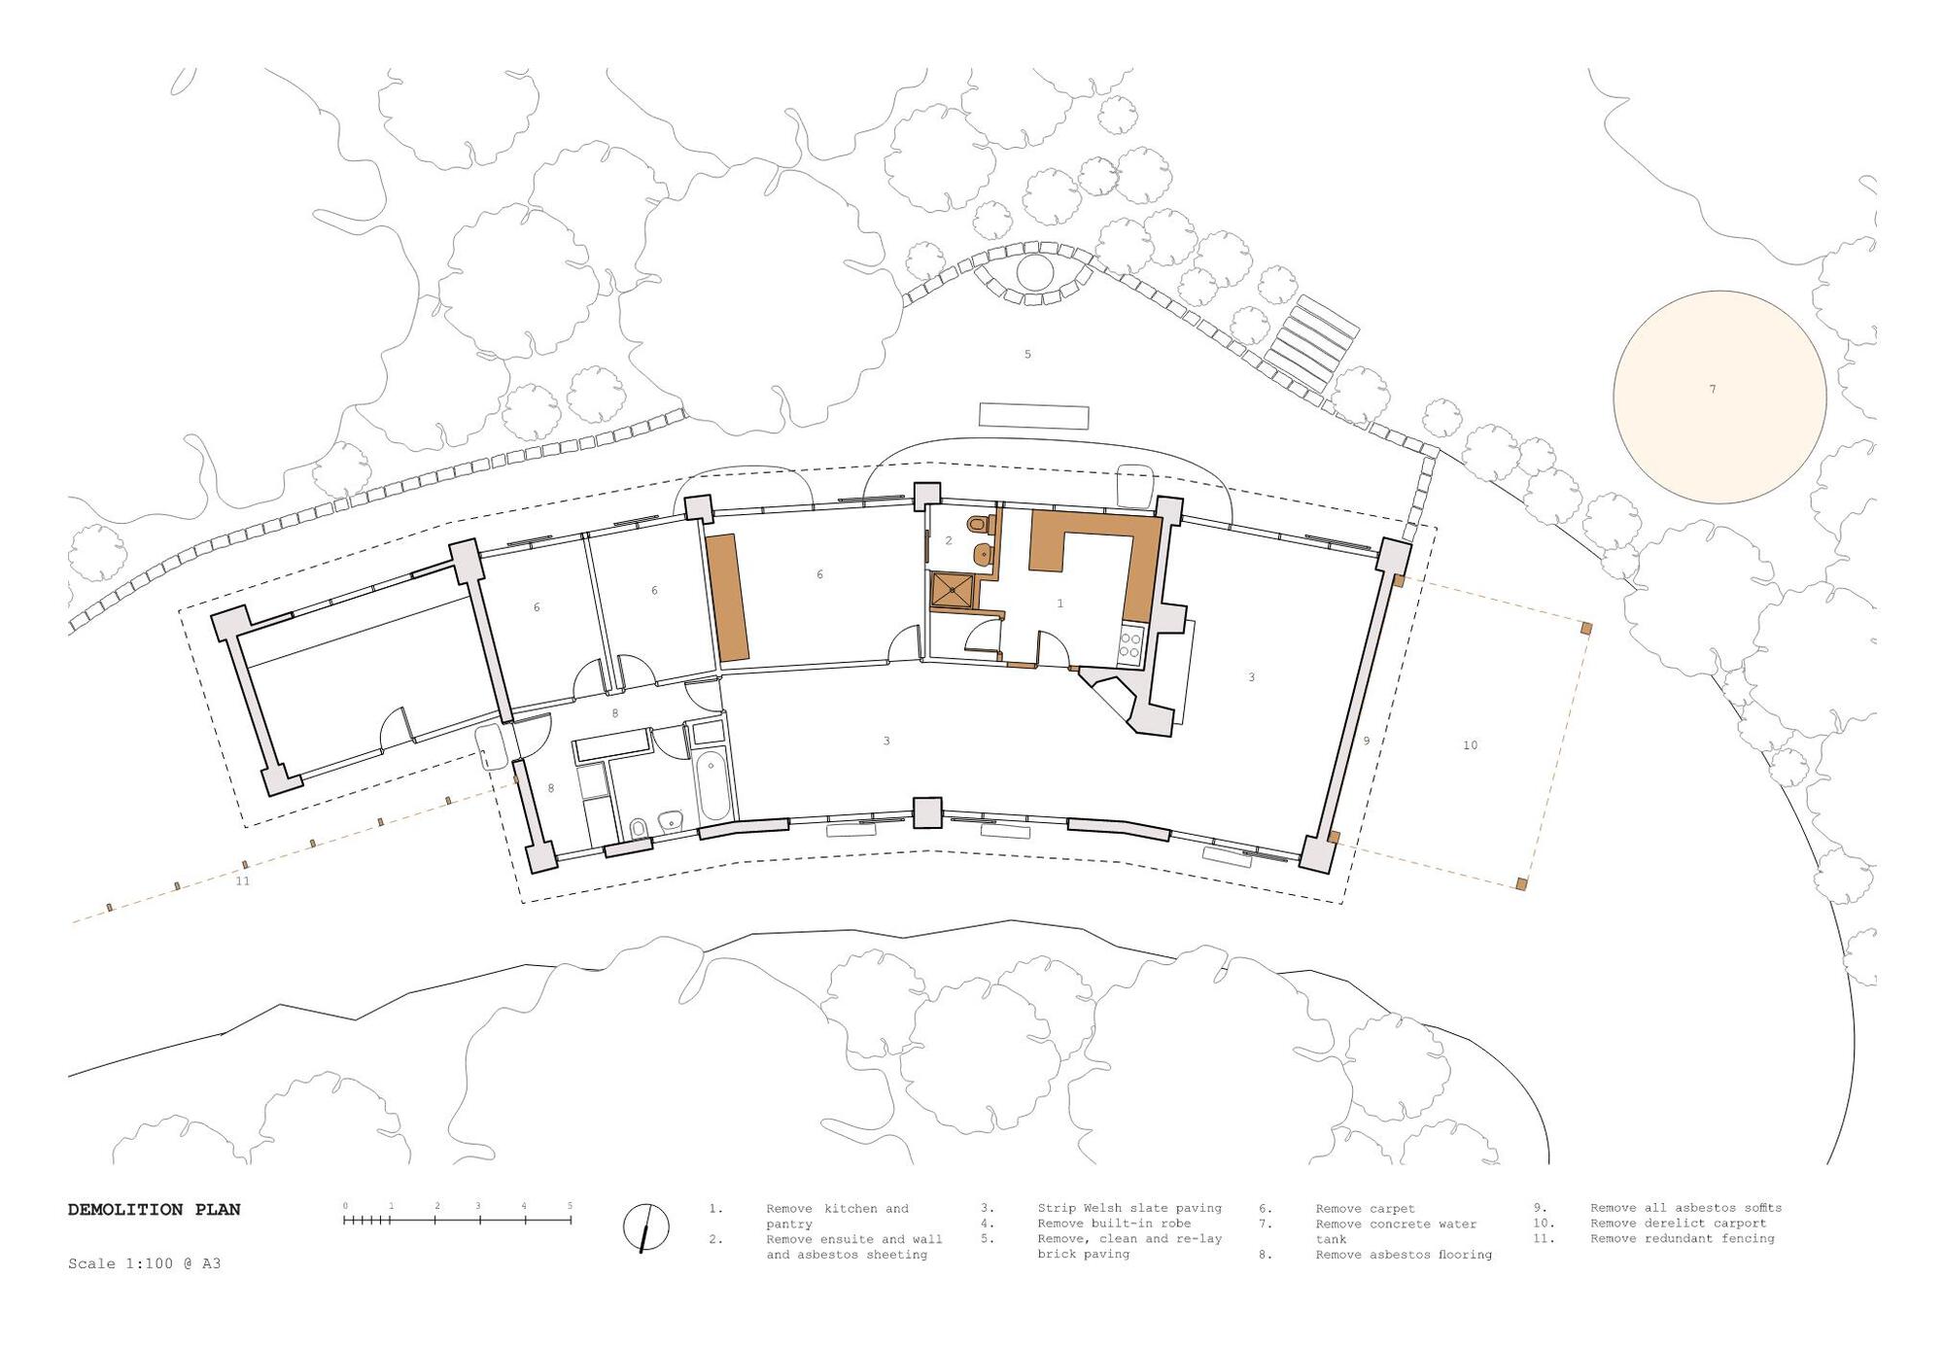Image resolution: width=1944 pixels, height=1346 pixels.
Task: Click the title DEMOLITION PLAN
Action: click(154, 1210)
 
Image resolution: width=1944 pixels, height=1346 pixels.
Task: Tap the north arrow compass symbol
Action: click(645, 1228)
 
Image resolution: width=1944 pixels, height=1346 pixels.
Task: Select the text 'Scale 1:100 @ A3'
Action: click(145, 1264)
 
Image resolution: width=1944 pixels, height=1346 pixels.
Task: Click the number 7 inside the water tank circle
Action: click(1713, 390)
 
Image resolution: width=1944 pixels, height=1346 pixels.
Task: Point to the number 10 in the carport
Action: click(1470, 745)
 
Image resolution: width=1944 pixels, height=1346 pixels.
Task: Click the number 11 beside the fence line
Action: click(243, 881)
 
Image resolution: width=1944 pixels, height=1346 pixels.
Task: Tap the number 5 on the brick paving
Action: click(1027, 355)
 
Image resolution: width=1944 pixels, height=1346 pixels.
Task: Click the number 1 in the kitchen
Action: click(1059, 604)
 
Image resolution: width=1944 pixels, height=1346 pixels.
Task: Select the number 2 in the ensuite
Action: click(949, 540)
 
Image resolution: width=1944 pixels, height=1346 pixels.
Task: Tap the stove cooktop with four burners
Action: click(1132, 645)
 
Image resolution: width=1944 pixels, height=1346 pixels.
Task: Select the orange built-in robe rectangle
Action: click(728, 598)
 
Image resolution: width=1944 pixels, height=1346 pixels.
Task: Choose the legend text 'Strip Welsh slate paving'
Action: click(1129, 1209)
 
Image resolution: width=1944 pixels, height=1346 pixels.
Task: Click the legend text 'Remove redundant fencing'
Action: click(1683, 1239)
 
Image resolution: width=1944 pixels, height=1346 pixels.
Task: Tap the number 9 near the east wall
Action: click(1366, 741)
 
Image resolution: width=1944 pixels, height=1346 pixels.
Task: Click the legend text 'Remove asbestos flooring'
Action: click(1404, 1255)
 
